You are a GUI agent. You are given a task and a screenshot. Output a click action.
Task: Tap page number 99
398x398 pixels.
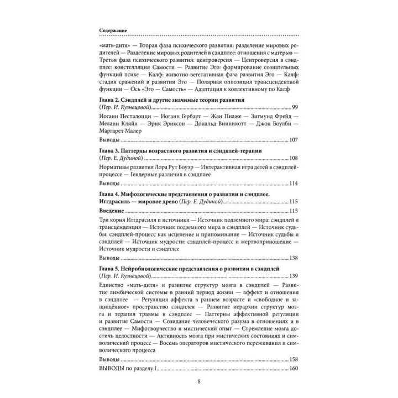coord(295,106)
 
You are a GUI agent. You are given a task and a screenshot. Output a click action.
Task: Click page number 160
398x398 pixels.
coord(293,369)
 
